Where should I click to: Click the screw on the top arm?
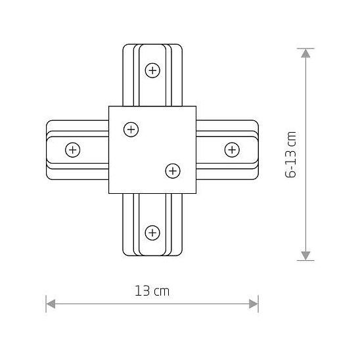[152, 70]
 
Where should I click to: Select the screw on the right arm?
[232, 150]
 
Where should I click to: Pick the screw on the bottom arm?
[152, 232]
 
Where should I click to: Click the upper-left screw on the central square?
[131, 129]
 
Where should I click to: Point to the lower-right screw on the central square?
[172, 171]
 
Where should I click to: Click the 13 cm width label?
[152, 291]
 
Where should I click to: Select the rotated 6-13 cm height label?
[292, 154]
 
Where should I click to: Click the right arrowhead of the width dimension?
[254, 304]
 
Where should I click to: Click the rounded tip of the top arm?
[152, 45]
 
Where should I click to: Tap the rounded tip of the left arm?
[47, 150]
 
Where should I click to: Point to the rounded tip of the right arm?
[258, 150]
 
